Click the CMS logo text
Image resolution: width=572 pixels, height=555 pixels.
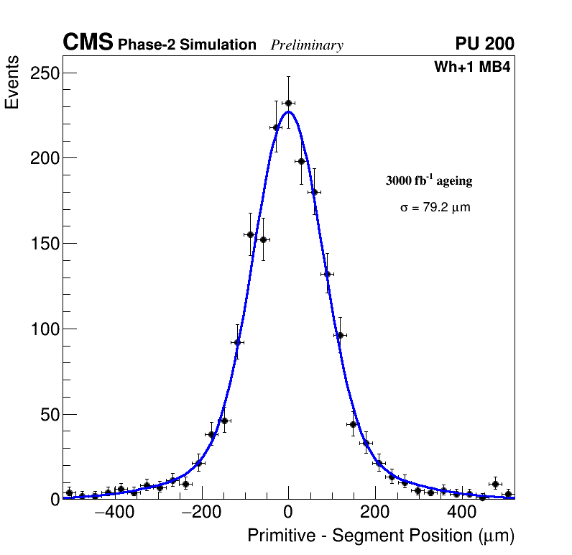[88, 43]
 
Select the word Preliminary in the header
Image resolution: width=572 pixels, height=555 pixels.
[307, 45]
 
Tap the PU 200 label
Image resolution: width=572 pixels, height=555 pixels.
[484, 44]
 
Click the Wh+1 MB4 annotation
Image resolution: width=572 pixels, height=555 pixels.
[472, 68]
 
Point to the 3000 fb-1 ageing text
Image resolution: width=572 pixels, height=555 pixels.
[429, 180]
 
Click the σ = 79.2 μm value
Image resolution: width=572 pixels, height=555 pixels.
[435, 208]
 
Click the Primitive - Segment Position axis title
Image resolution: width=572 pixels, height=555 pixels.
[381, 536]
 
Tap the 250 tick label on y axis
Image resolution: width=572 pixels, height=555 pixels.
[45, 73]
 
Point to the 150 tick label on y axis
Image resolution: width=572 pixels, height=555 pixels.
[45, 244]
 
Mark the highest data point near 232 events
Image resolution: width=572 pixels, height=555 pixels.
[288, 103]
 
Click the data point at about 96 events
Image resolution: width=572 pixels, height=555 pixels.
[340, 335]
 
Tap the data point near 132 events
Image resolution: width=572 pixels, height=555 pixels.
[327, 274]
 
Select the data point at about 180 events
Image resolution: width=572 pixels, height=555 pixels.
[314, 192]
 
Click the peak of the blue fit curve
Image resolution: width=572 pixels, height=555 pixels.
[288, 111]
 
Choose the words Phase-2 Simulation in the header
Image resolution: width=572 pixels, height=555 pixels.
[187, 45]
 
